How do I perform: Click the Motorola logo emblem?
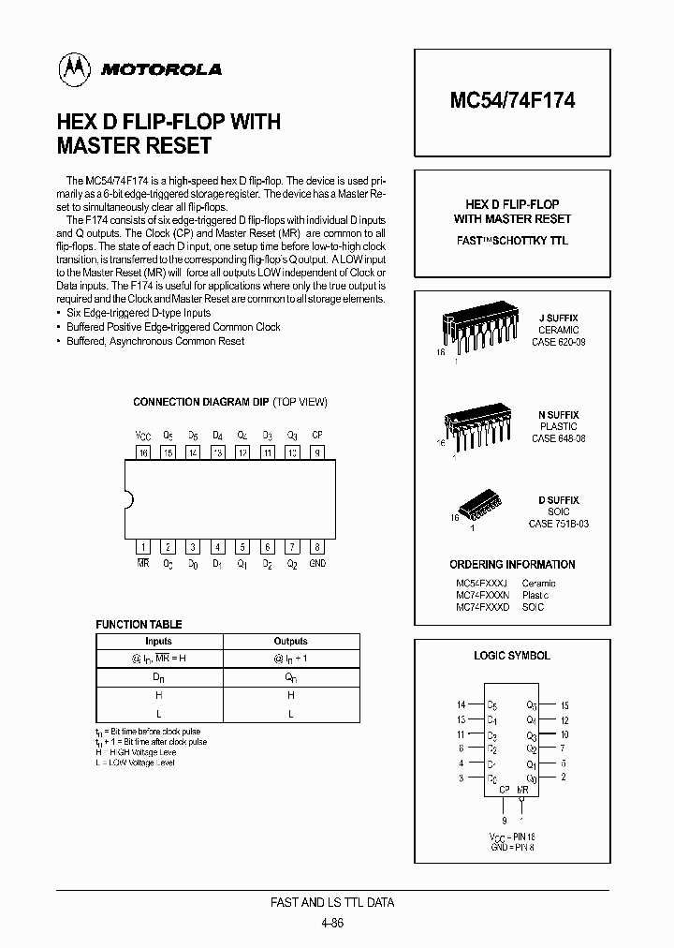(x=72, y=68)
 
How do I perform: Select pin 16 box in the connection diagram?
(x=143, y=452)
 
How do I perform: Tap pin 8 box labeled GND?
(x=317, y=546)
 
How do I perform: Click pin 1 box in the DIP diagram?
(x=143, y=546)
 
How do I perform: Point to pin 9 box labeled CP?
(x=317, y=452)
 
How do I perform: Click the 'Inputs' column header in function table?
(x=158, y=642)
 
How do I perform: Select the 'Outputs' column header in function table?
(x=290, y=642)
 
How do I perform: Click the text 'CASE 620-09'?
(x=558, y=343)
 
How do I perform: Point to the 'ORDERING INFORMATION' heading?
(x=512, y=565)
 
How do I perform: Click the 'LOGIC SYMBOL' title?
(x=512, y=656)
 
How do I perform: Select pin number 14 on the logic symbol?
(x=461, y=704)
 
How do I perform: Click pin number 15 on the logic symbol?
(x=564, y=704)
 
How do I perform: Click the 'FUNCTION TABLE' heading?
(x=139, y=624)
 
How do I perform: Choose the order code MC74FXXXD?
(x=483, y=607)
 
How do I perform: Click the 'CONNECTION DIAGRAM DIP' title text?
(x=201, y=402)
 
